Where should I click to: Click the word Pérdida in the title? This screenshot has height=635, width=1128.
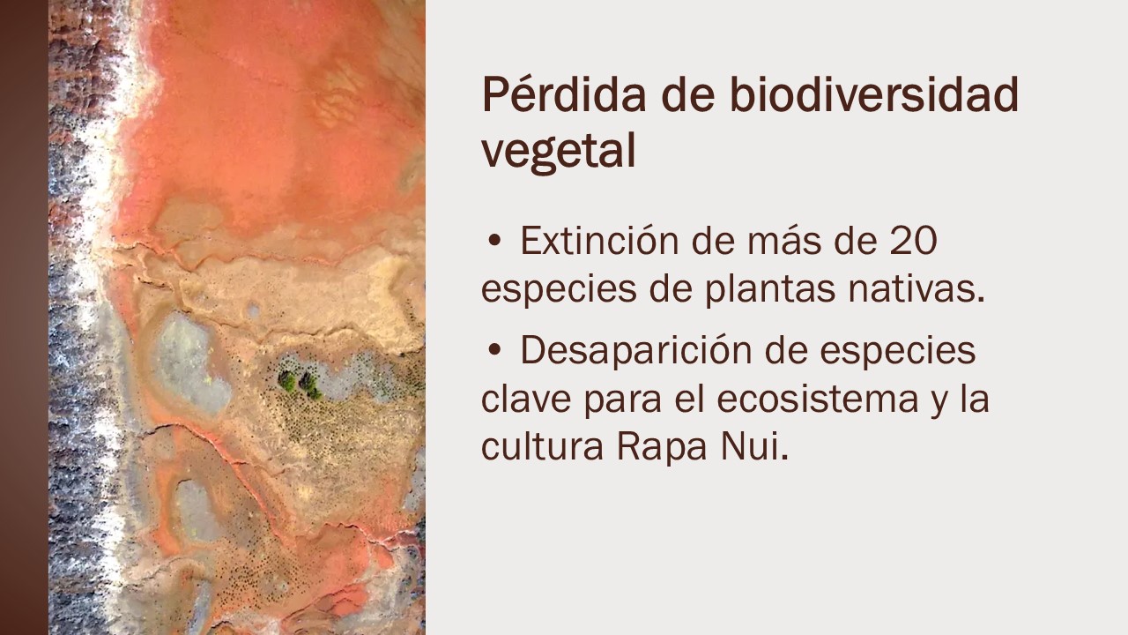coord(564,94)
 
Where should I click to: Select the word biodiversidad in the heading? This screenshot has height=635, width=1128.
coord(874,94)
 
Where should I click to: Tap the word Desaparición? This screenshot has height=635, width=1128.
coord(636,350)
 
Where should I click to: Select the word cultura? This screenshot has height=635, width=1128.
coord(542,446)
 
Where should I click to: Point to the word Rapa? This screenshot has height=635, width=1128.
coord(662,447)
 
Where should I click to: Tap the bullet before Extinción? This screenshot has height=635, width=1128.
coord(494,242)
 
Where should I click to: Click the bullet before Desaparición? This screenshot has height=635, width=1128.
coord(494,350)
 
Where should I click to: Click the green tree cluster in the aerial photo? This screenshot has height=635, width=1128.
coord(301,385)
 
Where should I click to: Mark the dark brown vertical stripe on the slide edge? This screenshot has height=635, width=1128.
coord(24,317)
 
